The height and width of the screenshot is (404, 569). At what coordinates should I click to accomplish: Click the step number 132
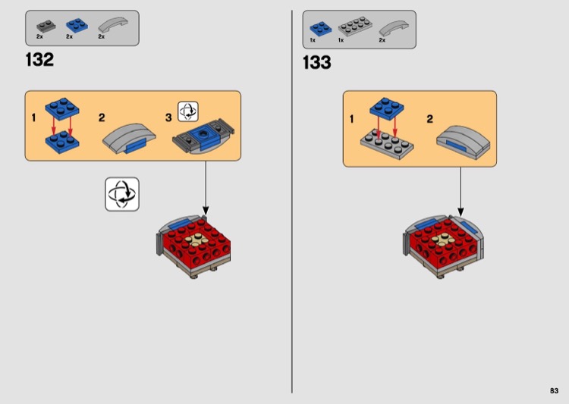(39, 60)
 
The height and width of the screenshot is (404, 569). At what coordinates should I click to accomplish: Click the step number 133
(317, 63)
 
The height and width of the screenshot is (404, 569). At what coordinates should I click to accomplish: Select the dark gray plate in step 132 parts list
(42, 26)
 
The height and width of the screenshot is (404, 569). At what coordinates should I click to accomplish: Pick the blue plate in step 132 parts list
(74, 26)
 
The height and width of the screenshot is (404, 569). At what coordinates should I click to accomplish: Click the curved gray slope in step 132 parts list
(108, 25)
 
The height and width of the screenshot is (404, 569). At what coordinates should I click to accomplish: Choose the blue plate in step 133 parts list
(317, 28)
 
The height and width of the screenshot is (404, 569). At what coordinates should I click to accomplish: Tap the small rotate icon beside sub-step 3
(187, 111)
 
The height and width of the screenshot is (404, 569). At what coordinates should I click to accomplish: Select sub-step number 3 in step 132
(168, 117)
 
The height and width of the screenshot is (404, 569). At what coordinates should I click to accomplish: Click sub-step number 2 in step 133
(429, 119)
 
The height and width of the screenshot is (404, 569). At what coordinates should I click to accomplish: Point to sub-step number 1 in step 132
(33, 117)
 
